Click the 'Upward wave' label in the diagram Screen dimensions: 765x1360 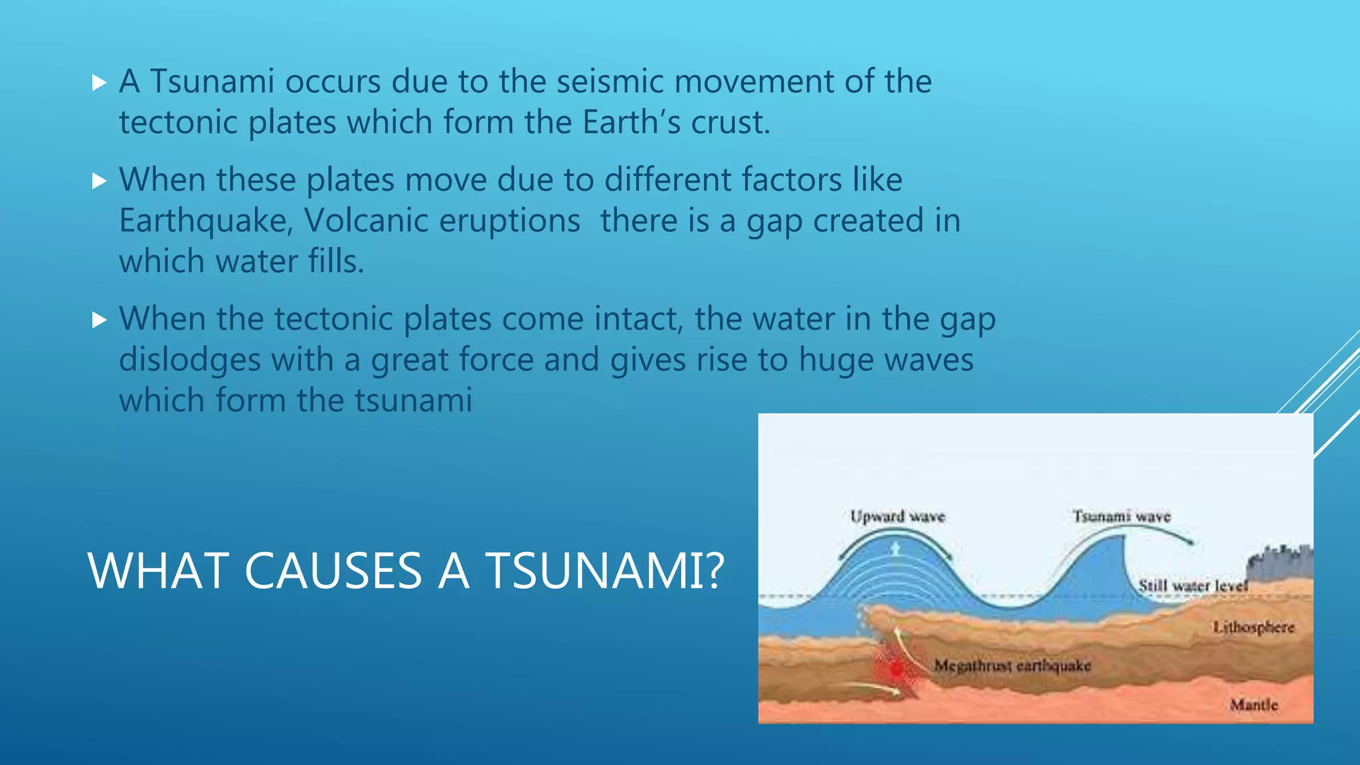[897, 517]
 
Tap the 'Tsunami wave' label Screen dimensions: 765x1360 [1122, 516]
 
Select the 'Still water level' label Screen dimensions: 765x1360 [1193, 586]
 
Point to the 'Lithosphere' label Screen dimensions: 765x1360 [1254, 627]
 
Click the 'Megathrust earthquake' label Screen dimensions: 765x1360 [1012, 665]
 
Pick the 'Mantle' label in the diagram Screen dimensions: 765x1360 [1254, 705]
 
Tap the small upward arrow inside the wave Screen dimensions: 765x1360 [895, 549]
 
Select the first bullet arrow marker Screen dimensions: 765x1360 [100, 83]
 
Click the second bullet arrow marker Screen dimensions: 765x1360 [100, 181]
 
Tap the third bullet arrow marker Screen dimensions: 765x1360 [100, 321]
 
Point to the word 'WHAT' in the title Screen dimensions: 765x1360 [159, 571]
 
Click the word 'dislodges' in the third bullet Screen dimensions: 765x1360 [190, 361]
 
